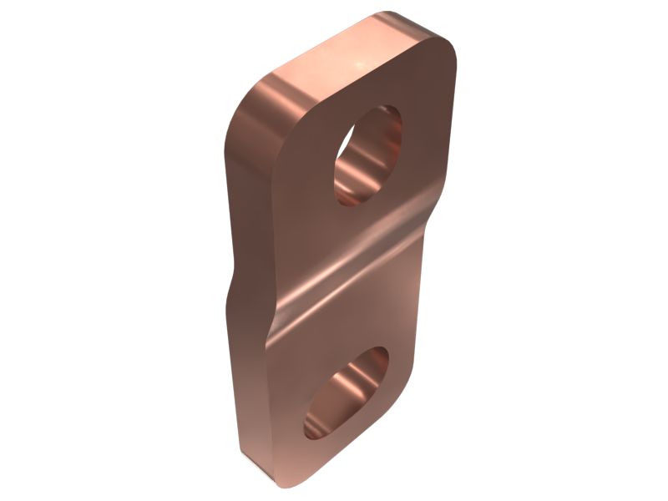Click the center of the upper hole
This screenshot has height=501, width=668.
click(x=368, y=156)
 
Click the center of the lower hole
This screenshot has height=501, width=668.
click(x=345, y=394)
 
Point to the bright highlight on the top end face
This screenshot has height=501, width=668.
click(x=361, y=60)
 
